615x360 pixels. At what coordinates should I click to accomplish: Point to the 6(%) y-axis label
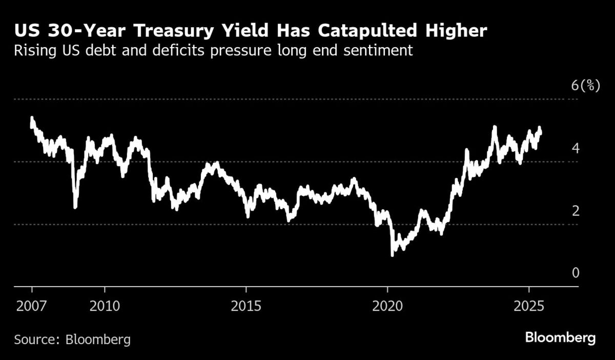[x=585, y=86]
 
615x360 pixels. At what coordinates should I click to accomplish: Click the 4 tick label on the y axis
[x=576, y=148]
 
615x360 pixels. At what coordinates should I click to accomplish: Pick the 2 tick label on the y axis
[x=576, y=211]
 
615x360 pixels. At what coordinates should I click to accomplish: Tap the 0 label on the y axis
[x=576, y=273]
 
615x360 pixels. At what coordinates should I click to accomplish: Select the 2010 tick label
[x=105, y=306]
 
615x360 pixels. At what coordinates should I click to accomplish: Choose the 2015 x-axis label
[x=246, y=306]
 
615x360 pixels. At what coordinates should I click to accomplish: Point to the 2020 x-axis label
[x=387, y=306]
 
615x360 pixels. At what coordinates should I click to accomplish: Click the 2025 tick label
[x=529, y=306]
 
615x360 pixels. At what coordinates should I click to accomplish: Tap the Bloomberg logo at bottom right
[x=560, y=338]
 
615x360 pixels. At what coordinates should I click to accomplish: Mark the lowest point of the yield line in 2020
[x=393, y=254]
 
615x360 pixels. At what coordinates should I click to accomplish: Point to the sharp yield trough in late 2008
[x=75, y=207]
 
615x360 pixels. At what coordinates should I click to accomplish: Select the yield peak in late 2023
[x=495, y=127]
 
